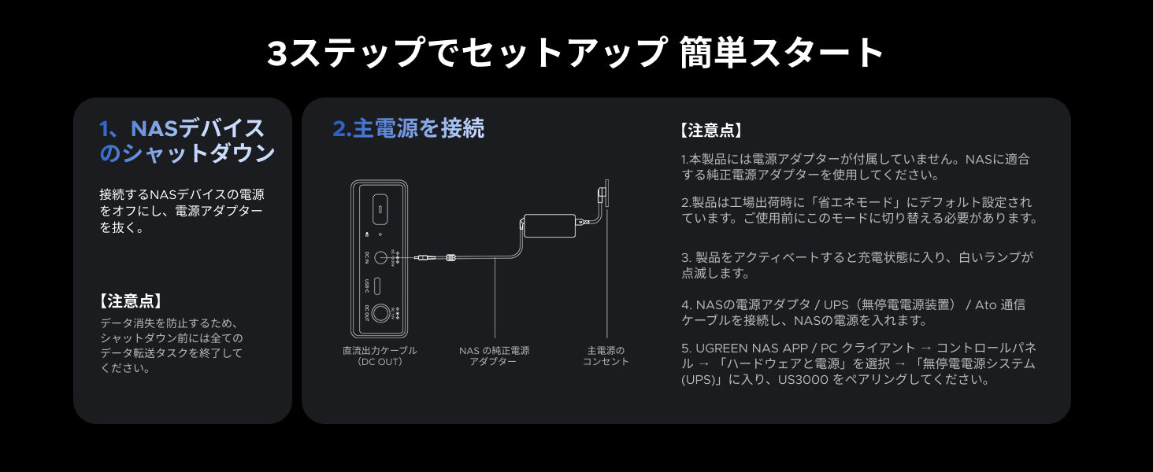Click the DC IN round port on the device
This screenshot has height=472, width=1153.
(x=381, y=257)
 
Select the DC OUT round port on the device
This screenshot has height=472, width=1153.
(x=381, y=312)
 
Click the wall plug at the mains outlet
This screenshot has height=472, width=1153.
(x=602, y=194)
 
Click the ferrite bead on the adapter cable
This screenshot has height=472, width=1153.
(x=451, y=257)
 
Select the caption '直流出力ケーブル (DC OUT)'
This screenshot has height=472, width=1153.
(x=380, y=356)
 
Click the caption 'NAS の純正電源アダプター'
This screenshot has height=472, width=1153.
(x=494, y=356)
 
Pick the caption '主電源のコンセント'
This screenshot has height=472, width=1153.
(x=606, y=356)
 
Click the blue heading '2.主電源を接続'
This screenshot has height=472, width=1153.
(x=408, y=128)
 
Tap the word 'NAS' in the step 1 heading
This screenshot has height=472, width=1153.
(x=154, y=128)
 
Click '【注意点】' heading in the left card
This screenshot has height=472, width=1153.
(x=132, y=301)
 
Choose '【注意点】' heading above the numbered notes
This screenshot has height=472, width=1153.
(x=712, y=131)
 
